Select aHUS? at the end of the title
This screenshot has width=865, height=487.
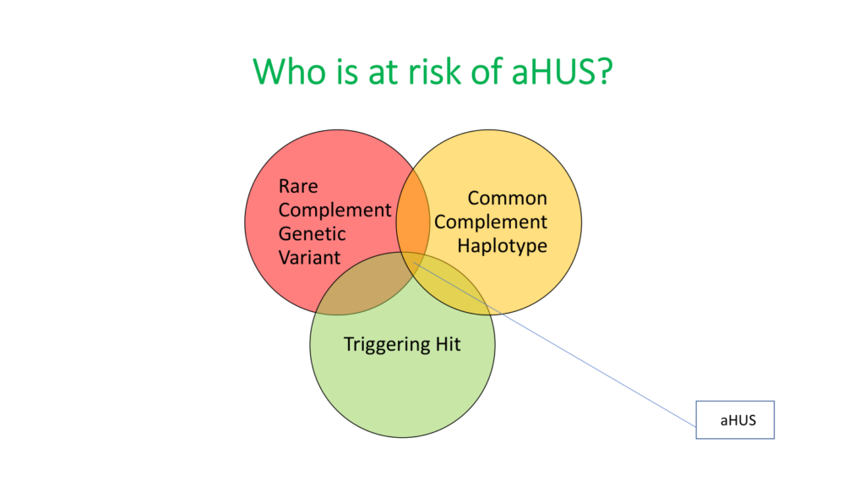[x=562, y=71]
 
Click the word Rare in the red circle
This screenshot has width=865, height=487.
[x=298, y=186]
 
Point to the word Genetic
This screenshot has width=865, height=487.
[x=312, y=233]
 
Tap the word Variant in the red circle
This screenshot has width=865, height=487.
[x=309, y=257]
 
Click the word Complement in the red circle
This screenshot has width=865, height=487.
[x=335, y=211]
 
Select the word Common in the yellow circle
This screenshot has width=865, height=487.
[x=507, y=198]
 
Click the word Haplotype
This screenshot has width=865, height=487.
[x=502, y=246]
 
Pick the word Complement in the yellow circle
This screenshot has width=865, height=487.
[x=491, y=222]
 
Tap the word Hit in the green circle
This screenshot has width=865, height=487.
[x=448, y=344]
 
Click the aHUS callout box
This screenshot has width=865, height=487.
[x=735, y=419]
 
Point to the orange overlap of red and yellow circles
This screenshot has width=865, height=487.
[x=412, y=221]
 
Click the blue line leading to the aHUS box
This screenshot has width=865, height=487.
[x=554, y=343]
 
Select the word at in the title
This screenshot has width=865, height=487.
[x=384, y=72]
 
